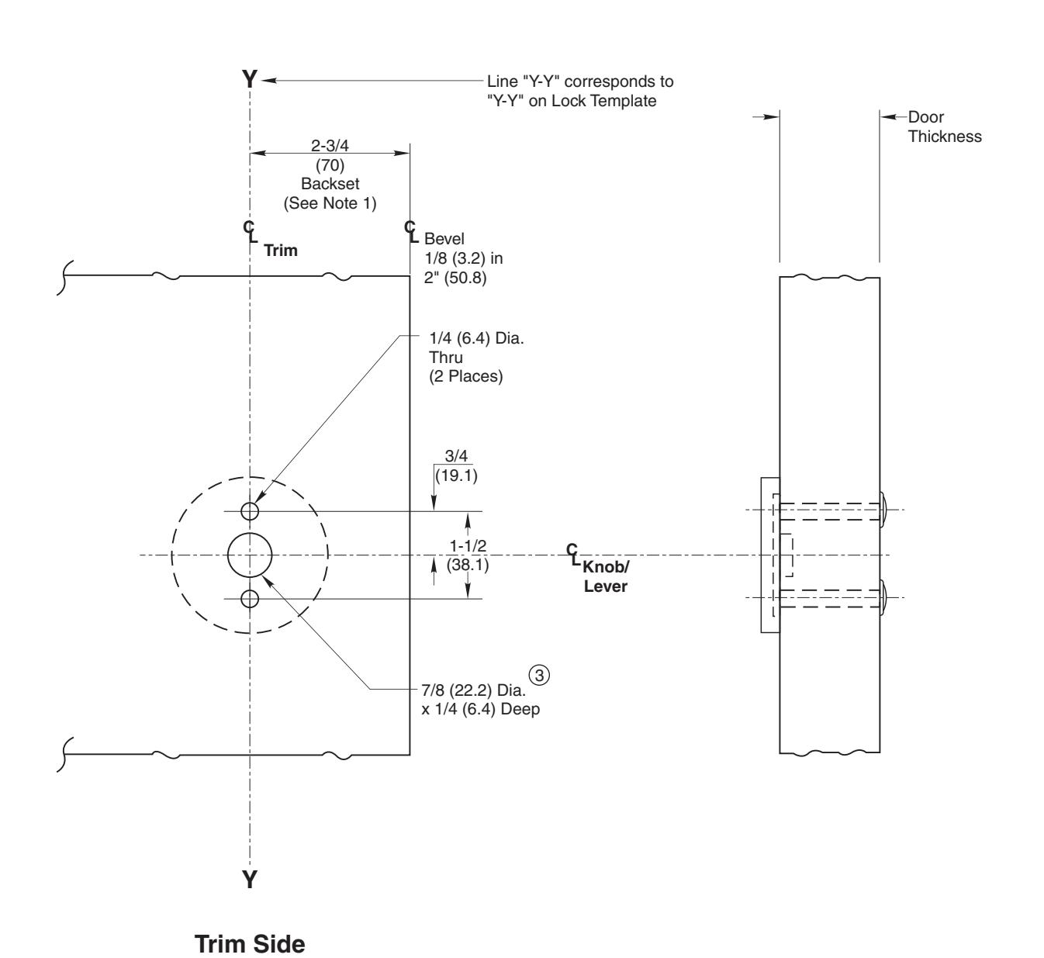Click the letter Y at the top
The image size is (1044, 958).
point(249,79)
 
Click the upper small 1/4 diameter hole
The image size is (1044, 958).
point(250,511)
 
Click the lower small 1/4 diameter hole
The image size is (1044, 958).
point(250,599)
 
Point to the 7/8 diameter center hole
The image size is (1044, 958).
point(250,555)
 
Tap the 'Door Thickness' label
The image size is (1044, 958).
point(944,127)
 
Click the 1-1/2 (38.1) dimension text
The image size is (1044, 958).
point(468,556)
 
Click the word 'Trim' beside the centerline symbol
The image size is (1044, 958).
point(281,251)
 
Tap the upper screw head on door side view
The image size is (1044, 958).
point(884,510)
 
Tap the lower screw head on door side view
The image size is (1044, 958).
point(884,597)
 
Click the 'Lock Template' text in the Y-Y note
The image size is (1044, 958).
point(612,100)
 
